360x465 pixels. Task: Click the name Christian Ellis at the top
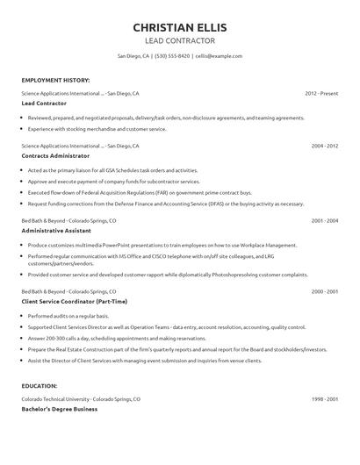[x=179, y=25]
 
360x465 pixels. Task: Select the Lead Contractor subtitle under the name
[x=179, y=40]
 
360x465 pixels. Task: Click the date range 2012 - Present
[x=321, y=92]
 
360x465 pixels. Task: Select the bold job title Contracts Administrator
[x=59, y=157]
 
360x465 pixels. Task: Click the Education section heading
[x=40, y=385]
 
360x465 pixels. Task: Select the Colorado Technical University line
[x=82, y=398]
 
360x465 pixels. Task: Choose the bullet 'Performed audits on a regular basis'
[x=75, y=314]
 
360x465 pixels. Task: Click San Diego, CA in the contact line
[x=133, y=55]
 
